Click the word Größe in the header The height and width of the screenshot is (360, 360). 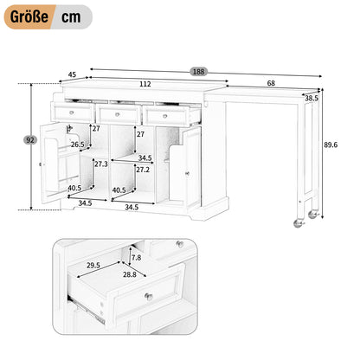click(29, 16)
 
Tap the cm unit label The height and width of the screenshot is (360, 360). click(71, 17)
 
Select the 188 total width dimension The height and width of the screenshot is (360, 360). click(198, 72)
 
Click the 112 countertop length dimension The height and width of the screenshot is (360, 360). click(145, 84)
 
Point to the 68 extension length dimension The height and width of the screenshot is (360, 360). click(271, 83)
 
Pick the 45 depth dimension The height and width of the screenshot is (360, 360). click(72, 74)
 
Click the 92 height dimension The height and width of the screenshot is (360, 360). click(30, 140)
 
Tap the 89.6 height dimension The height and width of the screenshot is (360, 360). click(331, 145)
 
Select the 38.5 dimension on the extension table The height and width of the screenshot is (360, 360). click(312, 98)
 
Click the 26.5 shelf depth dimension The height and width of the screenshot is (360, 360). click(78, 145)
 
